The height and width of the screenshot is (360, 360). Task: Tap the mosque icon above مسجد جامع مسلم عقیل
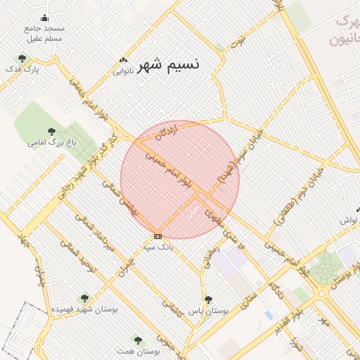click(x=46, y=18)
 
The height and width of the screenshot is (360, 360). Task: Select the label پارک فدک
click(x=23, y=70)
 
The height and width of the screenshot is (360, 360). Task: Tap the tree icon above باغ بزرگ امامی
click(x=51, y=131)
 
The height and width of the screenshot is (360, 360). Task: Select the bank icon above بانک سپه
click(x=157, y=236)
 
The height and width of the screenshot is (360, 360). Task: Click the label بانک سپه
click(x=157, y=247)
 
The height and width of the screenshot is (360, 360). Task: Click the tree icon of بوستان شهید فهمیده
click(x=85, y=298)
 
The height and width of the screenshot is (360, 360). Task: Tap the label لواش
click(x=349, y=221)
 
